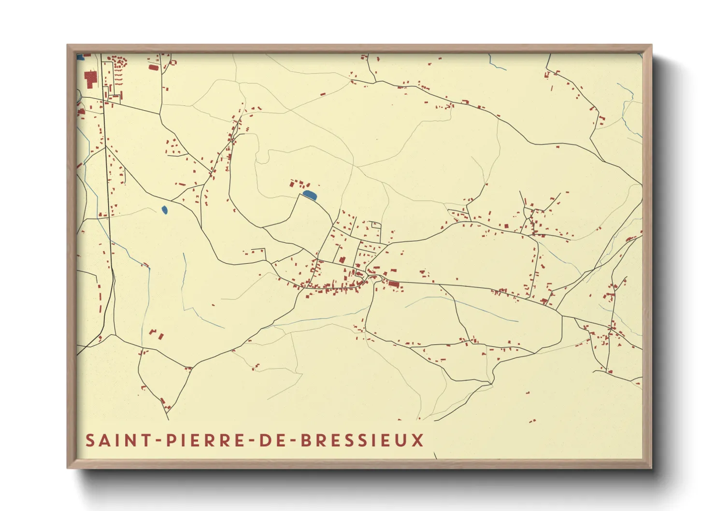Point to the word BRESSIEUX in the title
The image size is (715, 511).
[362, 440]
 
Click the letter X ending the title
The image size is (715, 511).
[418, 440]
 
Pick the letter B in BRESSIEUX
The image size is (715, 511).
[306, 440]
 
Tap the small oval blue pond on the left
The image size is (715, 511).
[164, 210]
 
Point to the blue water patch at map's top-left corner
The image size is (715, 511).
[81, 57]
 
